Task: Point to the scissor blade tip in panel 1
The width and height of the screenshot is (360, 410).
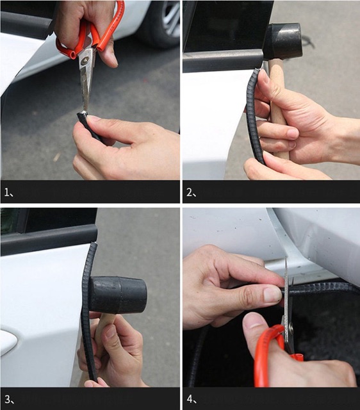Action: point(85,111)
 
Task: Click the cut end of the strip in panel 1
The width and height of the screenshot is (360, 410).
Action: point(82,115)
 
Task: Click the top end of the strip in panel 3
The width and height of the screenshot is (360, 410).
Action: point(94,245)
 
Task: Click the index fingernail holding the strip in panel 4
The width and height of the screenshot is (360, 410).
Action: point(272,295)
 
